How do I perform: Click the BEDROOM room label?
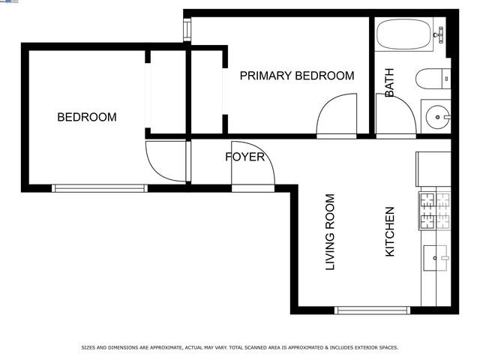coord(88,117)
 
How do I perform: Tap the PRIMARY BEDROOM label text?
coord(296,76)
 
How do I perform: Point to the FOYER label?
coord(244,157)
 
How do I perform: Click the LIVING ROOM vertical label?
coord(329,232)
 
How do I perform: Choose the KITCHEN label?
coord(389,232)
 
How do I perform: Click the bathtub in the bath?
coord(404,34)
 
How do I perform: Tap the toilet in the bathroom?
coord(433,78)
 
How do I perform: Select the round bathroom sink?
coord(436,115)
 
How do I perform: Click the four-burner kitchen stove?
coord(434,210)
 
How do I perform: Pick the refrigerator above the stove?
coord(433,169)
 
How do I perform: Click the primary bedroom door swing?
coord(337,117)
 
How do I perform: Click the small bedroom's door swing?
coord(165,160)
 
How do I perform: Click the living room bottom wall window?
coord(373,310)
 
